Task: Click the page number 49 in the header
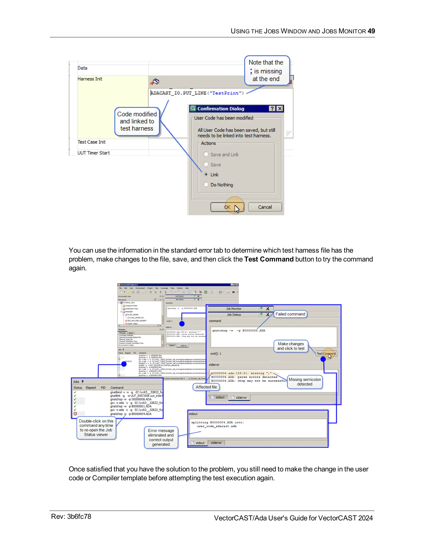tap(371, 31)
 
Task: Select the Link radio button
tap(206, 174)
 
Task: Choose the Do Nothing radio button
tap(206, 184)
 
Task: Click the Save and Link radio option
tap(206, 154)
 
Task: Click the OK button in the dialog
tap(227, 207)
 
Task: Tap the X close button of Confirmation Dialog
tap(280, 109)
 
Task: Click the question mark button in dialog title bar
tap(272, 109)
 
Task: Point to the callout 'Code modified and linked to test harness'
tap(137, 121)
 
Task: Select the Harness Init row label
tap(90, 79)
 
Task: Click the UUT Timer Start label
tap(94, 153)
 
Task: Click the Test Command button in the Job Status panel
tap(326, 354)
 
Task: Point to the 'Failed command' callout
tap(290, 314)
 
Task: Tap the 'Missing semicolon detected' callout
tap(305, 382)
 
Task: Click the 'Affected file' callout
tap(206, 387)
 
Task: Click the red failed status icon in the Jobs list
tap(75, 414)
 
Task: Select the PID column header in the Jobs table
tap(103, 387)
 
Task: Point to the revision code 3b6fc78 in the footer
tap(79, 517)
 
